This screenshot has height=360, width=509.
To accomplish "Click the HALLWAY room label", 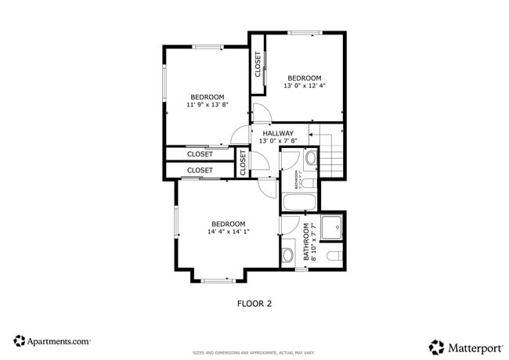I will click(x=278, y=133).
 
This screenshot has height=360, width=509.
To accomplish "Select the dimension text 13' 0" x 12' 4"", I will click(x=304, y=85).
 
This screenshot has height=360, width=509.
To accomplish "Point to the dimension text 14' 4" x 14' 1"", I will click(x=228, y=231).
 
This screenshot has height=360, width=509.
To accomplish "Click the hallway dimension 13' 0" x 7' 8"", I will click(x=278, y=142).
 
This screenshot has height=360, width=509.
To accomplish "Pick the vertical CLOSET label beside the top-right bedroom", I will click(x=257, y=65).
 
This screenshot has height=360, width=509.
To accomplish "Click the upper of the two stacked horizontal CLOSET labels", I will click(x=200, y=154).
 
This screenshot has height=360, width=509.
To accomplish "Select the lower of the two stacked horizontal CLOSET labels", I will click(x=200, y=170).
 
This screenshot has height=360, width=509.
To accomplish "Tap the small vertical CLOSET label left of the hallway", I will click(x=243, y=163).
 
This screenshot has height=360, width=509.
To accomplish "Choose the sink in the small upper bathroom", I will click(x=310, y=159).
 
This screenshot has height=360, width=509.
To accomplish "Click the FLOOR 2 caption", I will click(x=254, y=302).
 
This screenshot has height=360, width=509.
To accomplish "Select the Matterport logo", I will click(x=464, y=345).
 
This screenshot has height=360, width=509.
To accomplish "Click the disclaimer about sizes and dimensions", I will click(x=254, y=353).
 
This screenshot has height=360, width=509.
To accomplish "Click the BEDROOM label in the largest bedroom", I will click(x=228, y=223).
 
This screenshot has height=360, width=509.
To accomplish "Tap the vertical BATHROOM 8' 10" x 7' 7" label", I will click(x=309, y=242).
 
